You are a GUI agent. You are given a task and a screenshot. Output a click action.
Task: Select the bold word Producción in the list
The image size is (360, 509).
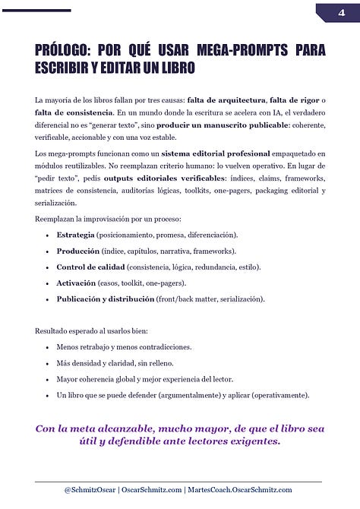78,251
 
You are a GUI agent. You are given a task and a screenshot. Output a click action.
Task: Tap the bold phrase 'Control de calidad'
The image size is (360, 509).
91,267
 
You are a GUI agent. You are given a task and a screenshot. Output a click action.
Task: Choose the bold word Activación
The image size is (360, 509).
77,283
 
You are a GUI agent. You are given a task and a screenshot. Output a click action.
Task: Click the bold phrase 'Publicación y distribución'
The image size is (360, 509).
106,299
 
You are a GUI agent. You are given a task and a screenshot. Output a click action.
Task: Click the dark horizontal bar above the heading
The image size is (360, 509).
36,11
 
